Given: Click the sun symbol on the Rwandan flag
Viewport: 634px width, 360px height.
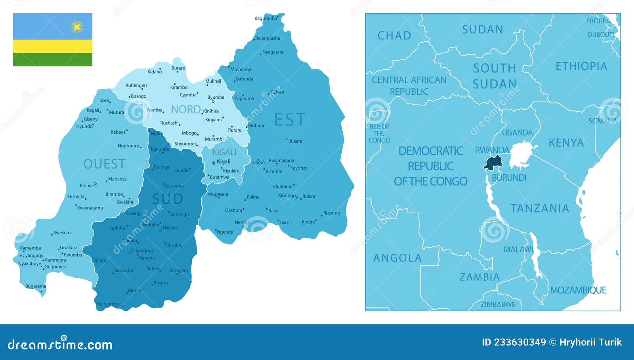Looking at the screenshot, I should pyautogui.click(x=77, y=27).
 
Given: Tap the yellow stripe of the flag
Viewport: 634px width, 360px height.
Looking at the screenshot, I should pyautogui.click(x=52, y=46).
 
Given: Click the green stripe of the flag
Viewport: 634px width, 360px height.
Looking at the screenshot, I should pyautogui.click(x=52, y=59).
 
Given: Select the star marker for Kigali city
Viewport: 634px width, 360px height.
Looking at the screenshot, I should pyautogui.click(x=214, y=163).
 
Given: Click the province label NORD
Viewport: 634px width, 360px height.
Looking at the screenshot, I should pyautogui.click(x=185, y=109).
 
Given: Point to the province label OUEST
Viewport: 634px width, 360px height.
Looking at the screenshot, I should pyautogui.click(x=104, y=164).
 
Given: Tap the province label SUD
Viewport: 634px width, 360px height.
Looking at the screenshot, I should pyautogui.click(x=167, y=199).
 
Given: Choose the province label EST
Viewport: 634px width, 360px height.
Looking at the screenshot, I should pyautogui.click(x=290, y=119).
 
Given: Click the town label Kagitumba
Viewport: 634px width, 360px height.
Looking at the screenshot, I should pyautogui.click(x=265, y=19).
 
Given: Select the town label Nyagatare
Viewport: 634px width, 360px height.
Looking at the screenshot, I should pyautogui.click(x=273, y=52).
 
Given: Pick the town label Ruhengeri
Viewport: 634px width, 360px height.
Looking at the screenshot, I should pyautogui.click(x=136, y=85).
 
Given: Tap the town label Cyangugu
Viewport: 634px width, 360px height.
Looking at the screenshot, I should pyautogui.click(x=33, y=256).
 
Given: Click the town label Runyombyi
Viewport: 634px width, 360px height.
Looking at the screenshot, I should pyautogui.click(x=109, y=304).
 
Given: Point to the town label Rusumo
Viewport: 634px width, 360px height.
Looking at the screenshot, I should pyautogui.click(x=332, y=213).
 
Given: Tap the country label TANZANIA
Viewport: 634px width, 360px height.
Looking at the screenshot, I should pyautogui.click(x=540, y=209).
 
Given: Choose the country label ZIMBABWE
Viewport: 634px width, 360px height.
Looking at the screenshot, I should pyautogui.click(x=498, y=304).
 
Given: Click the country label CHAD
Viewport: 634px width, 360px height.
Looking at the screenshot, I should pyautogui.click(x=394, y=36).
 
